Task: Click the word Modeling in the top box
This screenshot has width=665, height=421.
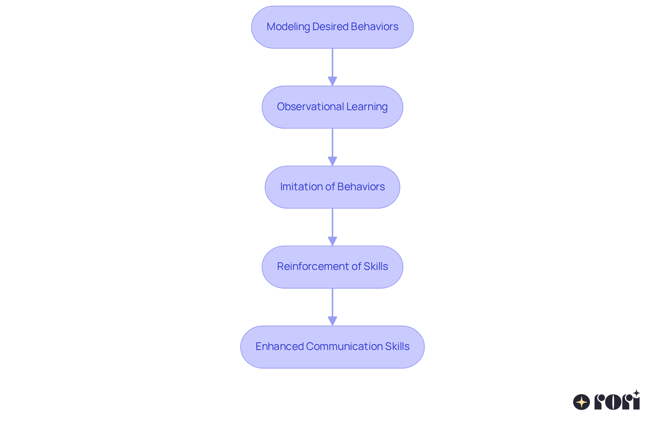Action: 288,27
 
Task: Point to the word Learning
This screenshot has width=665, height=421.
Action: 367,107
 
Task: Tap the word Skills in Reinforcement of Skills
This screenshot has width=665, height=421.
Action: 376,266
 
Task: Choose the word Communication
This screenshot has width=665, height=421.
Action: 344,347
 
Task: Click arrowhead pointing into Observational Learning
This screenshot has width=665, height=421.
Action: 332,81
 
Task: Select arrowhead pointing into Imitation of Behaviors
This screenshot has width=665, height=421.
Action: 332,161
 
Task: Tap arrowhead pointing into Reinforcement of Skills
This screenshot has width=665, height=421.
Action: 332,241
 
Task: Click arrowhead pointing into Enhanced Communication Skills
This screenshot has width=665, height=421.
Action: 332,321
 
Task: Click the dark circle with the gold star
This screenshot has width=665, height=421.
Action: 582,402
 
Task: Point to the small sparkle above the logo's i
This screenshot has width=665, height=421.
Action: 636,393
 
